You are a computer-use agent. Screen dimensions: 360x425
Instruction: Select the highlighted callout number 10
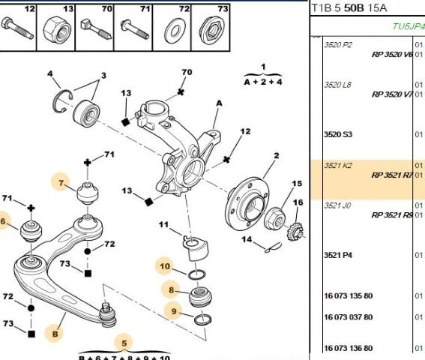pos(164,265)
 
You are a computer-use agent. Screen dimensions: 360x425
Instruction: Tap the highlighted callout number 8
pos(171,289)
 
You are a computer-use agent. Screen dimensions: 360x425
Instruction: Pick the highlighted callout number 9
pos(174,311)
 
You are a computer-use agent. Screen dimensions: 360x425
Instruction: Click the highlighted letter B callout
pos(54,331)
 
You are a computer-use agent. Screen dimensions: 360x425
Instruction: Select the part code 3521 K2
pos(337,165)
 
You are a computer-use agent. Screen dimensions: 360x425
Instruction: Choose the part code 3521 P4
pos(337,255)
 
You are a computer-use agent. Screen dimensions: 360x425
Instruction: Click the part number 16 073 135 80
pos(348,295)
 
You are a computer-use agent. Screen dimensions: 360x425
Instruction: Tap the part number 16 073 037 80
pos(348,316)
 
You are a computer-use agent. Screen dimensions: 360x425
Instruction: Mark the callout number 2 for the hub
pos(276,155)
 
